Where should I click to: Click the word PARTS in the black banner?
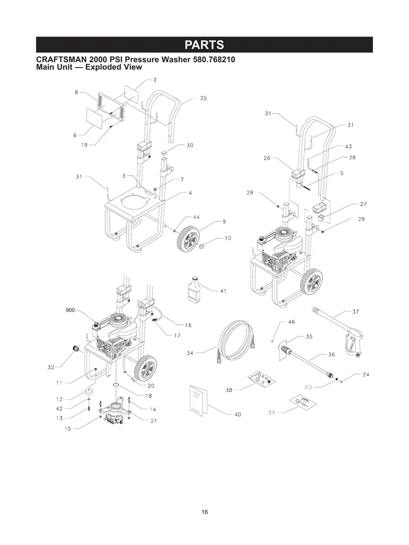204,45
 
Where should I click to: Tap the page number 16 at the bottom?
205,512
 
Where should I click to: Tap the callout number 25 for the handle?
203,98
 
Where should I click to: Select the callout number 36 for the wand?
331,355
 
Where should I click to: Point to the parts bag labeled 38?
261,379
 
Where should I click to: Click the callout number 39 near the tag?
271,412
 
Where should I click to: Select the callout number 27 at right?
363,204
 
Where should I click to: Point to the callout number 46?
292,322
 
